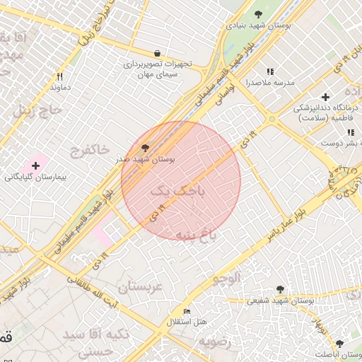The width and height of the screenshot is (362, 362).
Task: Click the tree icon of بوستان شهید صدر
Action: coord(146,148)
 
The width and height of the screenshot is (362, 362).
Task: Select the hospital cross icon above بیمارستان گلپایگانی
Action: coord(35,165)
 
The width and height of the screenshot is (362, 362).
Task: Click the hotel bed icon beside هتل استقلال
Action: coord(187,311)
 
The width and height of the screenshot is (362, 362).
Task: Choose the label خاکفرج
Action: coord(90,149)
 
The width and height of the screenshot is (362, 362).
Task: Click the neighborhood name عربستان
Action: coord(141,286)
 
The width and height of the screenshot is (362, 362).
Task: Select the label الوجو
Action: coord(226,277)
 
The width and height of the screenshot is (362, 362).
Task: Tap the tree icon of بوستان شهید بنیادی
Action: coord(258,13)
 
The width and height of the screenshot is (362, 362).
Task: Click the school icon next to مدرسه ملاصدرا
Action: coord(269,71)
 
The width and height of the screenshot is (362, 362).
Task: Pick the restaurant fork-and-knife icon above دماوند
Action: coord(60,76)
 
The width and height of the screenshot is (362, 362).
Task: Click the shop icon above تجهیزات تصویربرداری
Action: coord(157,53)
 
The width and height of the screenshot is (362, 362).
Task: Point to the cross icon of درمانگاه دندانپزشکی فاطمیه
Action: coord(325,96)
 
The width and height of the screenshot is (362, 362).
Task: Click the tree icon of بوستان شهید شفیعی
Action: coord(280,289)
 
